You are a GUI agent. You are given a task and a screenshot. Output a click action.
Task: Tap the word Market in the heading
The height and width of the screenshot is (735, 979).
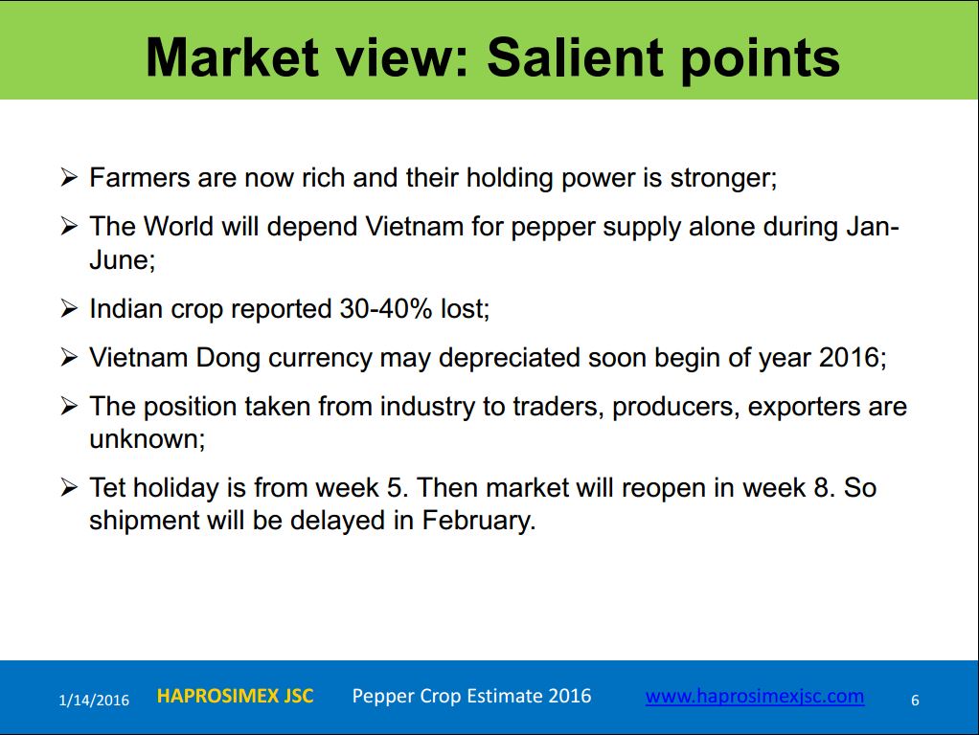tap(232, 57)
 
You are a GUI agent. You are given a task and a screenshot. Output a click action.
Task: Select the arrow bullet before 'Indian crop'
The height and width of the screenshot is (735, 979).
tap(69, 308)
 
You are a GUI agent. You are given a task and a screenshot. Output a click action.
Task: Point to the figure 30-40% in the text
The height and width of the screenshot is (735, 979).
tap(386, 308)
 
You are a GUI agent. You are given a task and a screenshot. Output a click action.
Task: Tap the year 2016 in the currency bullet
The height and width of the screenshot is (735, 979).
tap(850, 358)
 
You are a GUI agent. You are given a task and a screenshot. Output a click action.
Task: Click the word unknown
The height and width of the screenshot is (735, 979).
tap(145, 439)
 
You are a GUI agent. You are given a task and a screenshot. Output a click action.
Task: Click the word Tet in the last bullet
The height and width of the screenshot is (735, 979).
tap(107, 487)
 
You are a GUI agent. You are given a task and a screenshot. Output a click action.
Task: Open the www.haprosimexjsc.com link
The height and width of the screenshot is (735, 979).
tap(755, 697)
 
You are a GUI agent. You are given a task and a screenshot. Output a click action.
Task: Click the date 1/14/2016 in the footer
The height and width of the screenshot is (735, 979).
tap(94, 700)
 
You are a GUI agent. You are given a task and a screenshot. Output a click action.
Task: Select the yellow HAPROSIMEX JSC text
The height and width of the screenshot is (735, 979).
tap(235, 696)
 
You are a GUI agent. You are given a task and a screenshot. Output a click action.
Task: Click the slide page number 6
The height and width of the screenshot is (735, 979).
tap(915, 700)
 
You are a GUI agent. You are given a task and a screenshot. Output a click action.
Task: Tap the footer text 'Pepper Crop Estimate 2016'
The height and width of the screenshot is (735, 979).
tap(471, 696)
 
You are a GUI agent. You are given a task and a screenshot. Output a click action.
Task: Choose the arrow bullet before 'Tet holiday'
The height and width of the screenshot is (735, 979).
tap(69, 487)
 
